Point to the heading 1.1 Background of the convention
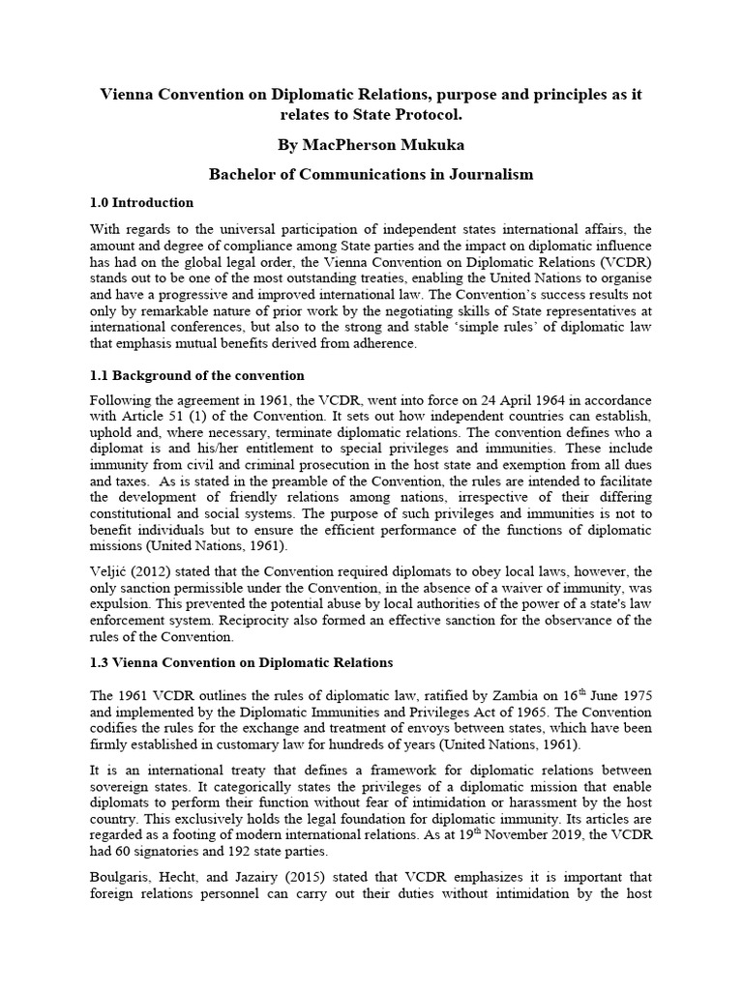point(196,375)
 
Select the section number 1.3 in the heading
point(101,662)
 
